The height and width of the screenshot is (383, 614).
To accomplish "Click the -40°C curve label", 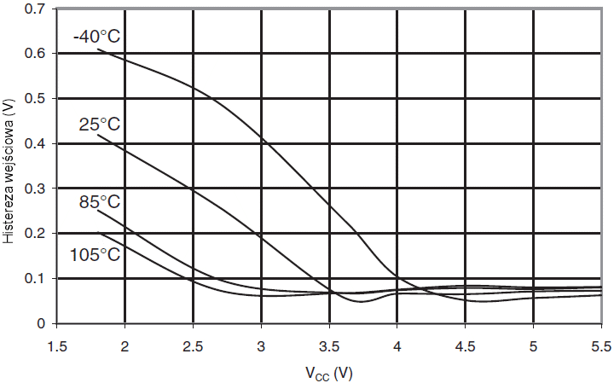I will tap(98, 37).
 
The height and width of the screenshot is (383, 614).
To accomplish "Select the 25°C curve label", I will tap(100, 125).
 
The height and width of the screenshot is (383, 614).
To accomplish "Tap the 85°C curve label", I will tap(100, 202).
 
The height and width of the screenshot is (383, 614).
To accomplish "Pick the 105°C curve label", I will tap(96, 255).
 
